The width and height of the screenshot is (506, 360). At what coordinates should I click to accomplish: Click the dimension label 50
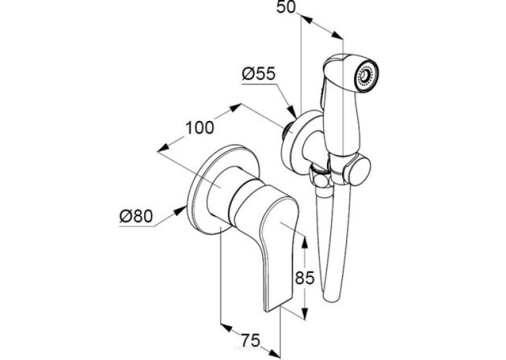tap(286, 7)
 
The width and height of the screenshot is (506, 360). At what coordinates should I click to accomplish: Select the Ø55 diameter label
tap(258, 74)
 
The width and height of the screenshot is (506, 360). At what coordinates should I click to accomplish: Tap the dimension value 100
tap(199, 127)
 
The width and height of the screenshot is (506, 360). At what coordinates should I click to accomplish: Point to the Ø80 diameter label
tap(135, 216)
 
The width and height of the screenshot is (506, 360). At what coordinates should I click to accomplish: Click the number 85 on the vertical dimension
tap(305, 277)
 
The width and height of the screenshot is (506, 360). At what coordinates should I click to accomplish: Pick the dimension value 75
tap(250, 340)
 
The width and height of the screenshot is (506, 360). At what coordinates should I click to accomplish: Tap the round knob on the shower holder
tap(357, 170)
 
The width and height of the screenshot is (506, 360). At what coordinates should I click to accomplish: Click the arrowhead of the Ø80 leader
tap(181, 210)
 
